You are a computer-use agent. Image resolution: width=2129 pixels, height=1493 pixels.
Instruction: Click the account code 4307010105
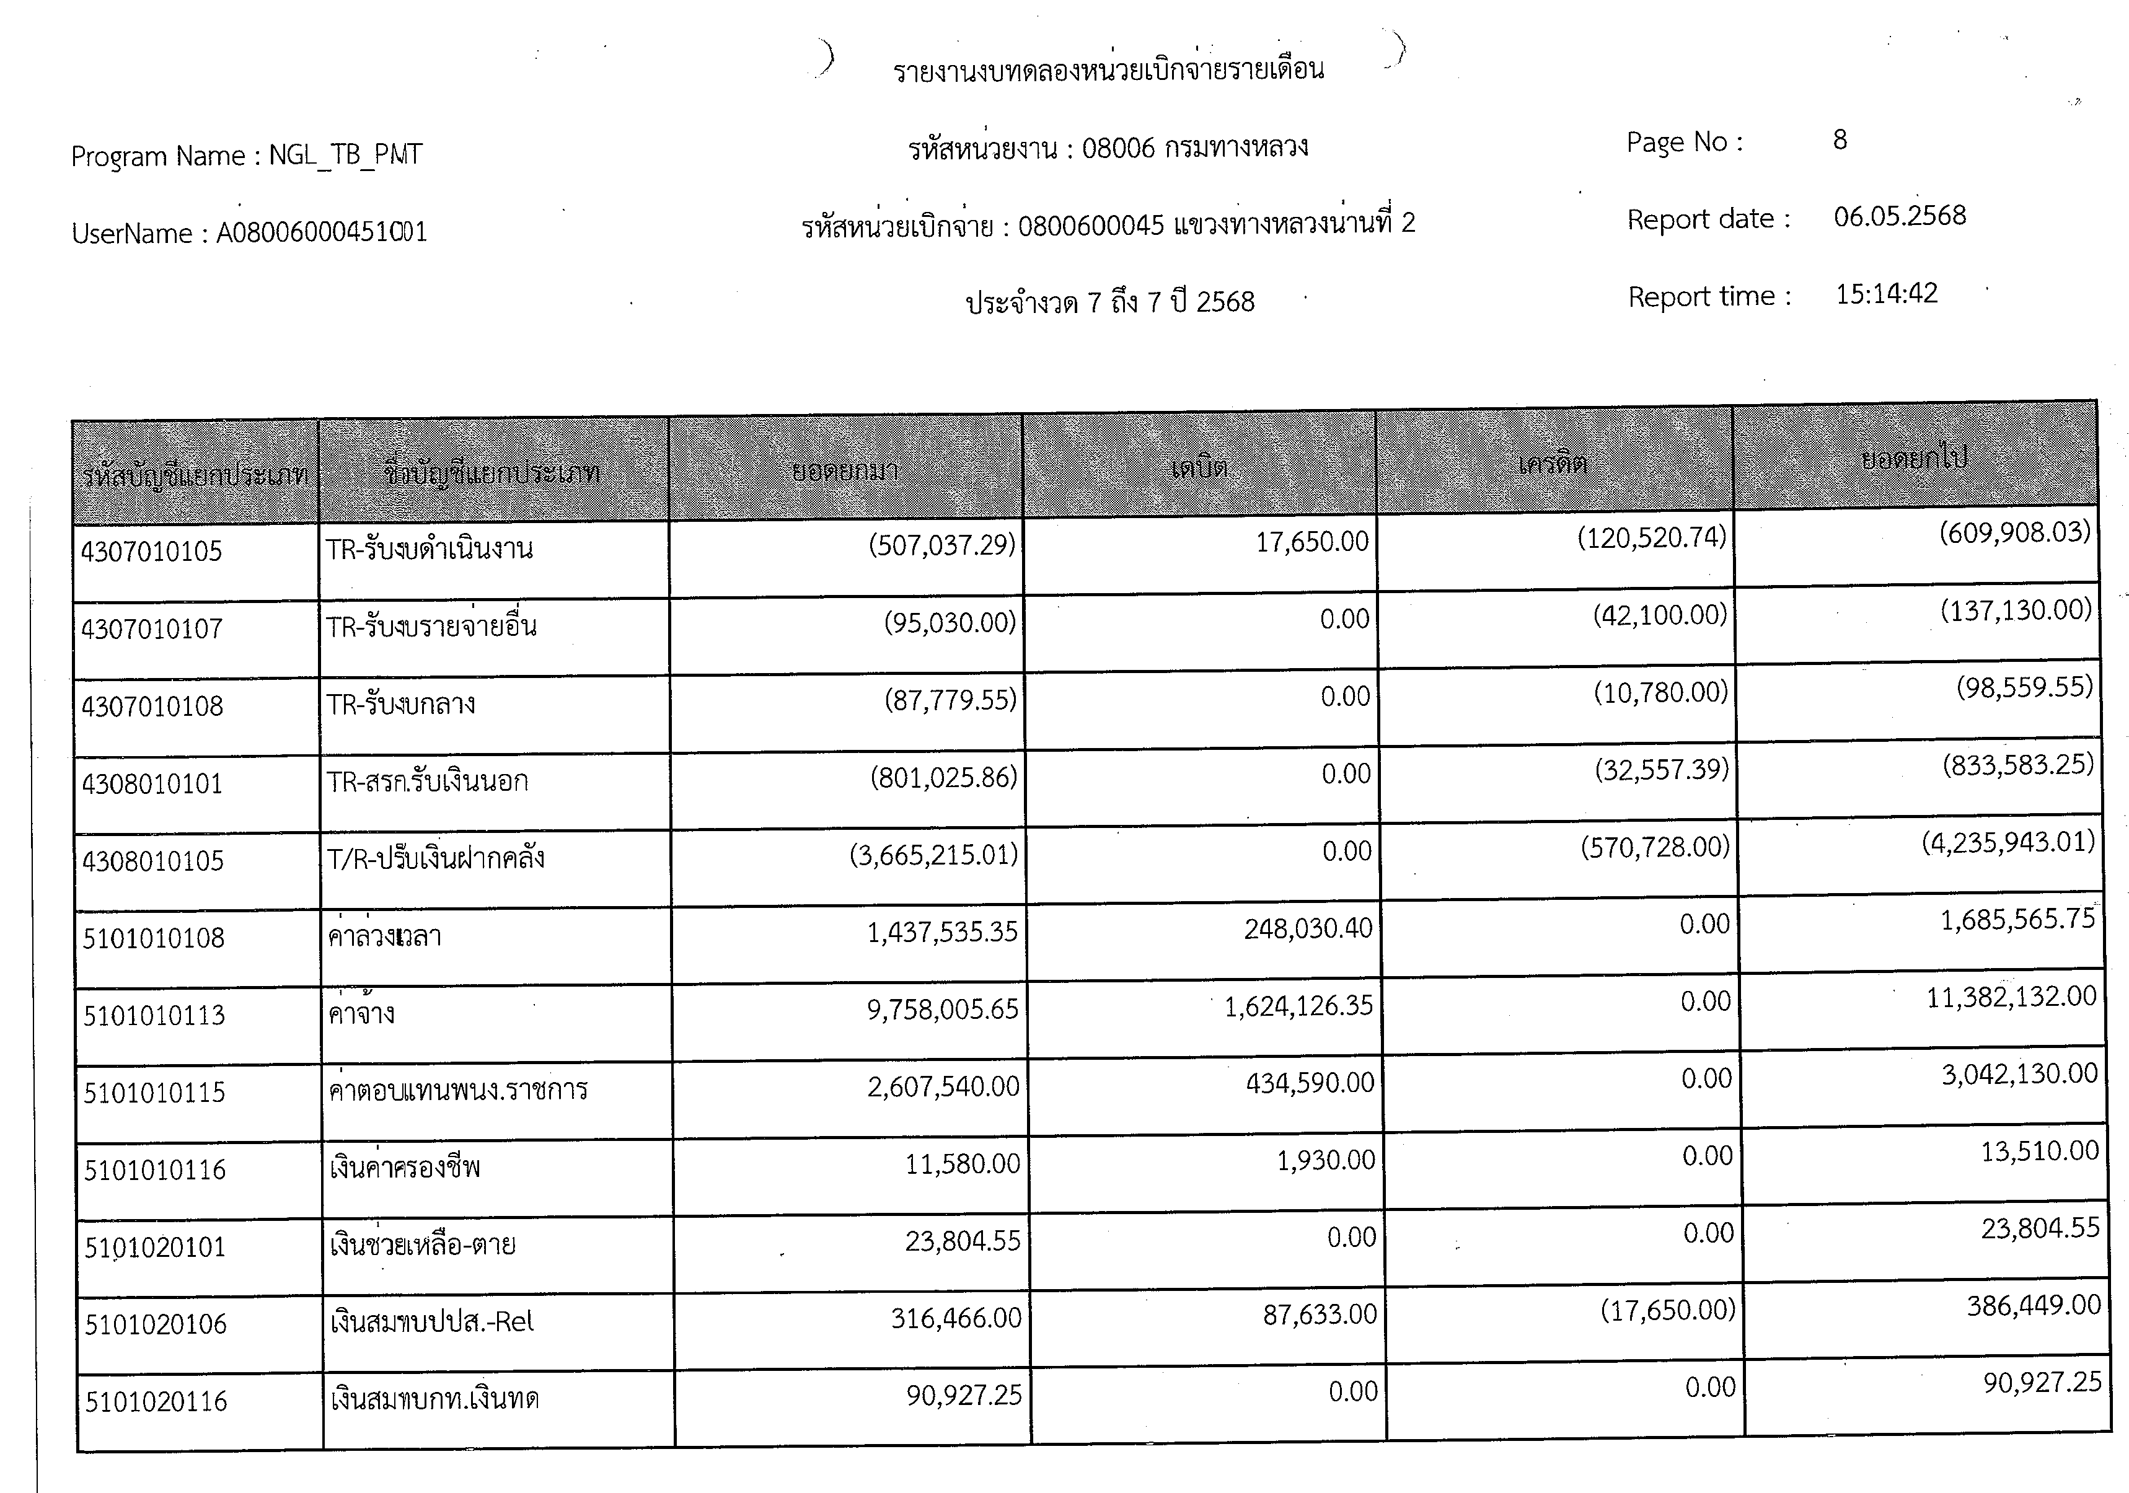tap(151, 552)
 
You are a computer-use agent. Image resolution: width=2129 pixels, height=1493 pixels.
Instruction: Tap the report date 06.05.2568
tap(1899, 216)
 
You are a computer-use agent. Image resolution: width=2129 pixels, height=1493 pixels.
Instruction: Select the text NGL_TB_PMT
tap(345, 154)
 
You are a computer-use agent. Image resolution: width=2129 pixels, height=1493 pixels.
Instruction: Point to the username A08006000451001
tap(321, 232)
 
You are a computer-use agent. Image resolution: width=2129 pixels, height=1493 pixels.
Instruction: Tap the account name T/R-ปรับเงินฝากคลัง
tap(435, 859)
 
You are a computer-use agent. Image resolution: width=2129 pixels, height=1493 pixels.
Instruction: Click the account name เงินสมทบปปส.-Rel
tap(432, 1321)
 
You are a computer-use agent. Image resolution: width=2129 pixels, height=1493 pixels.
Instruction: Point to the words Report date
tap(1707, 220)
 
